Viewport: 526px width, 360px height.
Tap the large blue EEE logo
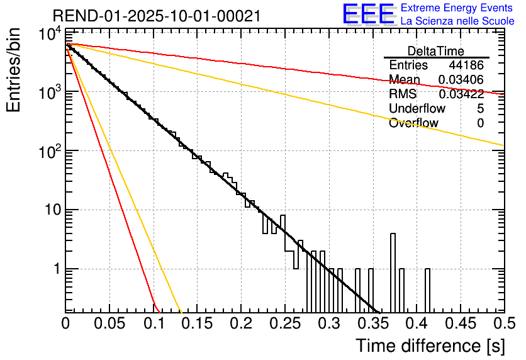[x=367, y=15]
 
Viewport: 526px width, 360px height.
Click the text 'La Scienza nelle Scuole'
[x=457, y=21]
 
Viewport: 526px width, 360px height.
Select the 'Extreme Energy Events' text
[x=457, y=8]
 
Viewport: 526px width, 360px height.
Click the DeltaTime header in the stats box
[x=436, y=51]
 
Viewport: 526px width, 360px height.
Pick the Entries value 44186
[x=466, y=65]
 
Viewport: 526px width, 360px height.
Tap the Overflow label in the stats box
[x=413, y=123]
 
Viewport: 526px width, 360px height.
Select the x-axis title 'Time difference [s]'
[x=430, y=346]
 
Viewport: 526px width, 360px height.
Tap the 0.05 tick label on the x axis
[x=109, y=324]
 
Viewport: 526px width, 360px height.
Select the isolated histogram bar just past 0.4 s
[x=428, y=290]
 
